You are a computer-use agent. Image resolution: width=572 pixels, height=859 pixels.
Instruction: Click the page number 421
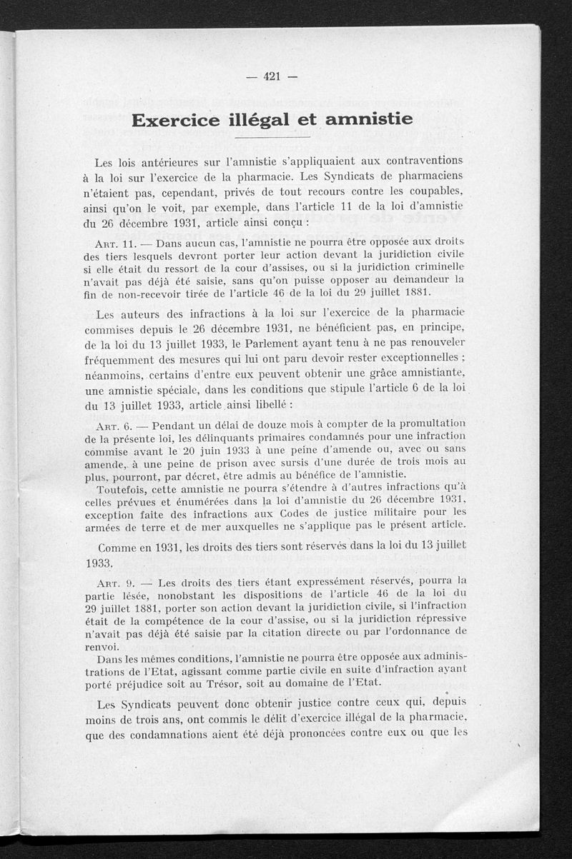click(x=272, y=78)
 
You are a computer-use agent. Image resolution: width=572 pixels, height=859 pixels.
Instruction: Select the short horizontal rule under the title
click(x=272, y=137)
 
